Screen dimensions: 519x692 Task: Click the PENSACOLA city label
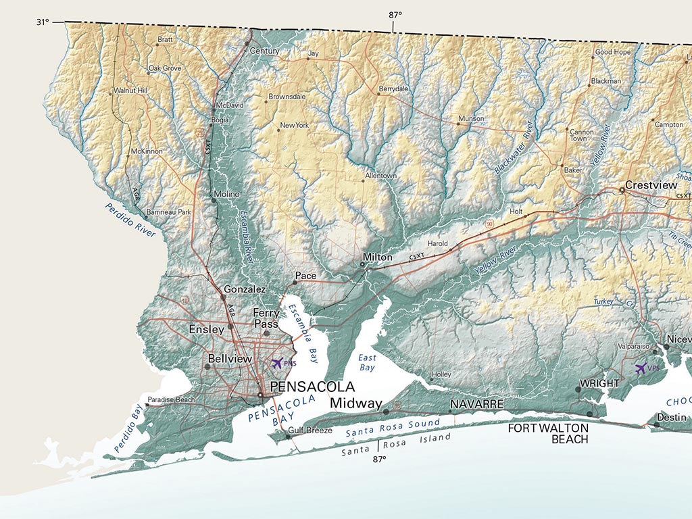pos(312,387)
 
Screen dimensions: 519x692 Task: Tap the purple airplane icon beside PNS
pos(276,363)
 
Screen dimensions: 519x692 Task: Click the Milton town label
pos(377,257)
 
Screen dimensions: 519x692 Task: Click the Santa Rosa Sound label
pos(393,428)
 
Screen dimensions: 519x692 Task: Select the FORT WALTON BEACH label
pos(548,433)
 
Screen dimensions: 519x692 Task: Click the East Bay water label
pos(367,362)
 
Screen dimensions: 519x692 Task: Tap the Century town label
pos(264,51)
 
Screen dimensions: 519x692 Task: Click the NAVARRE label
pos(477,403)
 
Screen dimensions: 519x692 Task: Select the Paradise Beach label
pos(172,399)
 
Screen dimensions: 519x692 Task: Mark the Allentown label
pos(380,176)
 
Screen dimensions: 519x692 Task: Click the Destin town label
pos(672,418)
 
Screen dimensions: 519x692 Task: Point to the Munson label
pos(471,118)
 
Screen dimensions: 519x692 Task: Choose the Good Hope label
pos(612,52)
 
